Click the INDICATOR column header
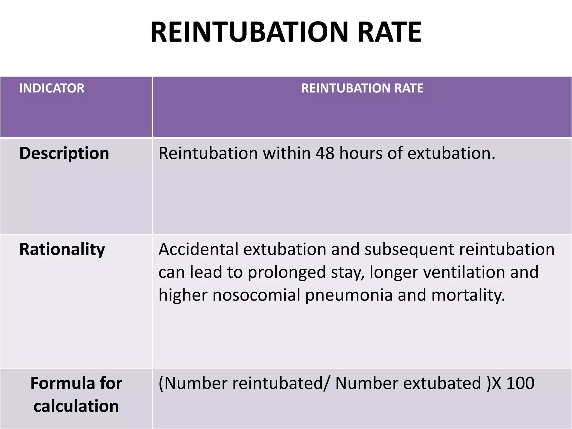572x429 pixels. pyautogui.click(x=52, y=88)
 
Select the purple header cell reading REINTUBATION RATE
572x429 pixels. pyautogui.click(x=362, y=88)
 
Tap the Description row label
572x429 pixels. pyautogui.click(x=64, y=153)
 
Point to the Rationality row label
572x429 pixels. pyautogui.click(x=62, y=249)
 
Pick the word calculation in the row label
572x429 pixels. pyautogui.click(x=76, y=406)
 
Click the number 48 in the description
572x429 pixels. pyautogui.click(x=325, y=153)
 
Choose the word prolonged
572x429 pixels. pyautogui.click(x=287, y=273)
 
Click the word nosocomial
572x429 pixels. pyautogui.click(x=256, y=295)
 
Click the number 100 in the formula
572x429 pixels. pyautogui.click(x=520, y=383)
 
